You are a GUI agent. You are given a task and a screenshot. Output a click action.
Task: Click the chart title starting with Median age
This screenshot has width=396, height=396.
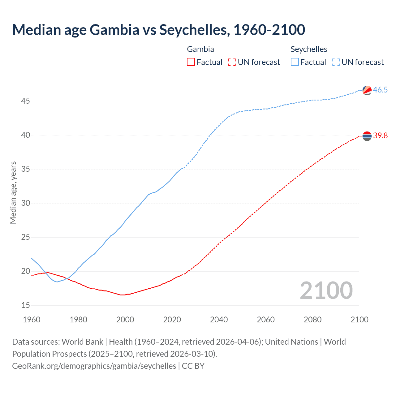(x=158, y=30)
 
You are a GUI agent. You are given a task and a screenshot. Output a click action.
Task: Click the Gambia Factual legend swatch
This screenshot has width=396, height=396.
(x=191, y=62)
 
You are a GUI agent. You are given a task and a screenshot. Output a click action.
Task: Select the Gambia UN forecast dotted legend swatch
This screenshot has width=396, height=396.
(x=232, y=62)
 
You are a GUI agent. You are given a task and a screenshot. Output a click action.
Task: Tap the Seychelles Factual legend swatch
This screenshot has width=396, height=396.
(x=295, y=62)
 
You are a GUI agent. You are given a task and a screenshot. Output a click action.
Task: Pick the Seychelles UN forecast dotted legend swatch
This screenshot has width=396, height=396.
(x=336, y=62)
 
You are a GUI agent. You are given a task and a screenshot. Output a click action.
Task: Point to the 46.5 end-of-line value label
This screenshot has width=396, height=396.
(x=380, y=90)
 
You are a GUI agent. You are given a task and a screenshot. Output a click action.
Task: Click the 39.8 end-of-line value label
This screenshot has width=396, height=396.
(x=380, y=136)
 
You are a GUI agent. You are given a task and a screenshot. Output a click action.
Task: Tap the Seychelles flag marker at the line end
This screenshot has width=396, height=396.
(x=367, y=90)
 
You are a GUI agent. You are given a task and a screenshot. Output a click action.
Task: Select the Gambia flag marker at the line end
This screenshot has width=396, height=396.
(x=367, y=136)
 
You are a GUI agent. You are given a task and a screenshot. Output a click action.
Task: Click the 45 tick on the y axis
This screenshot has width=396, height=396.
(x=26, y=101)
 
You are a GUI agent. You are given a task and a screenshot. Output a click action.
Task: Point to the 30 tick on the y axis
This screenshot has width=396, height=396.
(x=26, y=203)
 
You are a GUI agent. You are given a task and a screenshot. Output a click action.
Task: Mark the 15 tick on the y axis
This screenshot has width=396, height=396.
(x=26, y=305)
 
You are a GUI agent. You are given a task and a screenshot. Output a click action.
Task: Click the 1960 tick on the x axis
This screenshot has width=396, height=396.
(x=32, y=320)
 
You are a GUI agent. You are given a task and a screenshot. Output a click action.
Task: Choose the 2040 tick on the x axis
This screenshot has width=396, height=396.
(x=219, y=320)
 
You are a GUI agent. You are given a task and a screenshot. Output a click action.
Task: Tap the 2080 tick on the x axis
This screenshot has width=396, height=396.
(x=312, y=320)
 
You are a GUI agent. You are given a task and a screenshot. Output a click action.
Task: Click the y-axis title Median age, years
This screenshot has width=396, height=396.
(x=13, y=192)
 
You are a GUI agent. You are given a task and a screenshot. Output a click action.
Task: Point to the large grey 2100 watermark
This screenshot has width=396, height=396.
(x=326, y=291)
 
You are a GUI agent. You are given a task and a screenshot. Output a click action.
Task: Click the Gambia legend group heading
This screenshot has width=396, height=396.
(x=200, y=49)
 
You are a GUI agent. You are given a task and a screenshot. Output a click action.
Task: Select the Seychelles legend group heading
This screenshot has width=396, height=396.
(x=309, y=49)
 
